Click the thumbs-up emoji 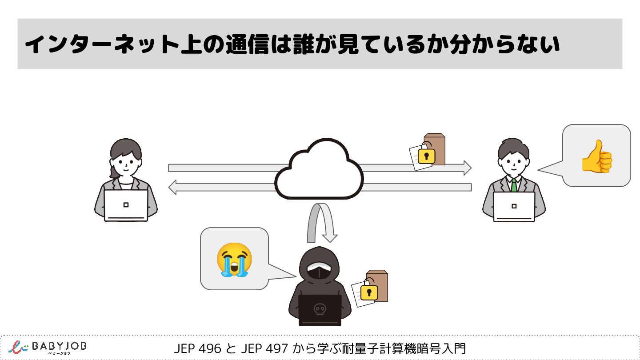[x=597, y=156]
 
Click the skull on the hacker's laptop [x=319, y=309]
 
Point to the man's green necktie [x=514, y=185]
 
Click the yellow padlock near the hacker [x=369, y=292]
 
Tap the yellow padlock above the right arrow [x=426, y=156]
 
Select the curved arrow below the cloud [x=320, y=222]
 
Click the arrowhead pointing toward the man [x=467, y=168]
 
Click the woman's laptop [x=126, y=205]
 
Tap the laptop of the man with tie [x=514, y=206]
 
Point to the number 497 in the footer [x=276, y=348]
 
